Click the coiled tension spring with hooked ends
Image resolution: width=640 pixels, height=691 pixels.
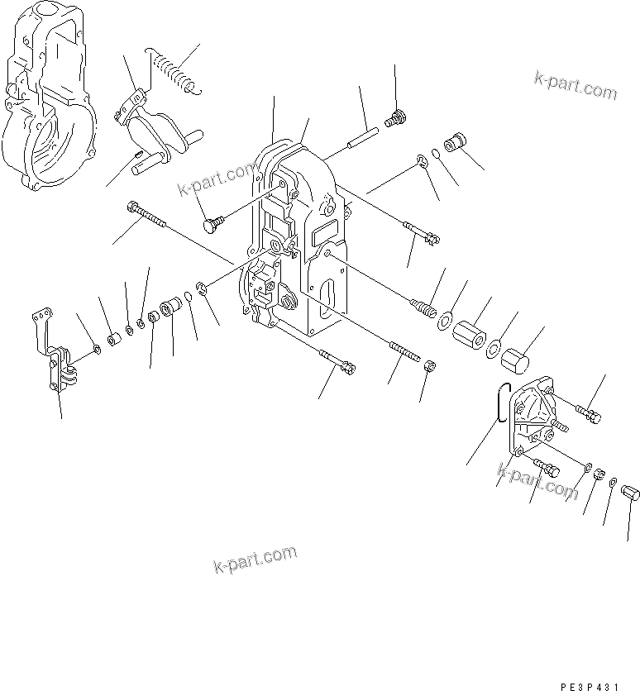coord(171,69)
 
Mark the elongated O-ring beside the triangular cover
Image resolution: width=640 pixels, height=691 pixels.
coord(498,405)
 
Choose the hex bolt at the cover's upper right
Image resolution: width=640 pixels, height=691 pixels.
coord(587,412)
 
